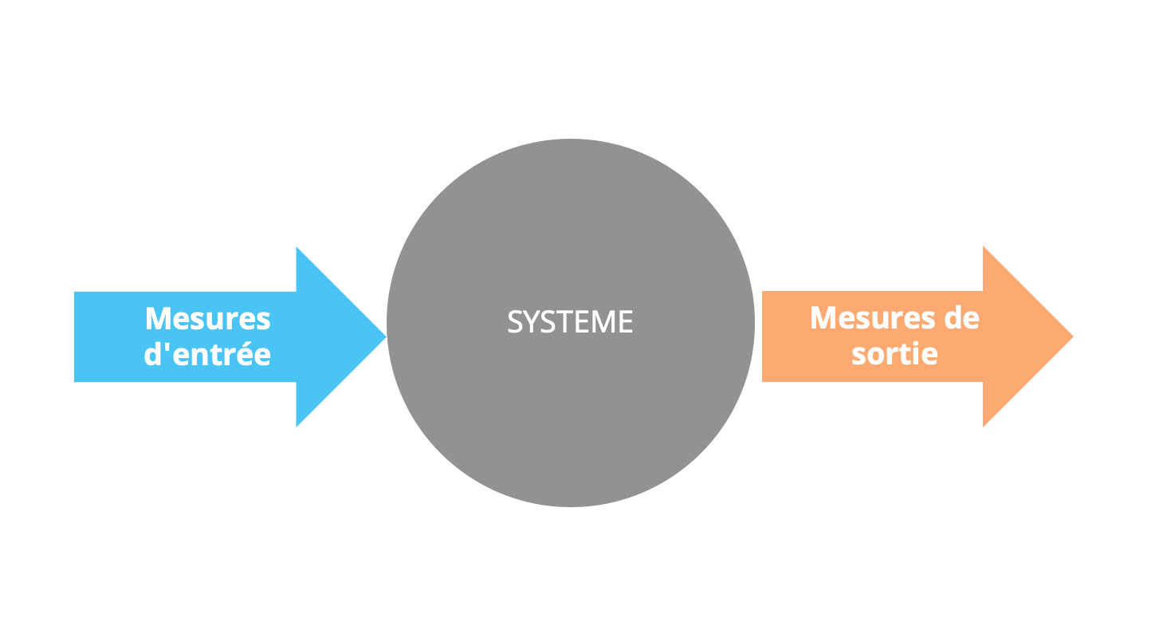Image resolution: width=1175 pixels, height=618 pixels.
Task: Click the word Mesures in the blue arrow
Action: pos(208,319)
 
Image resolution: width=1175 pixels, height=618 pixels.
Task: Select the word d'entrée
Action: pos(207,354)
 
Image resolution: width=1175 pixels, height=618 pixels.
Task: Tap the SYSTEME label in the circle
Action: pos(570,322)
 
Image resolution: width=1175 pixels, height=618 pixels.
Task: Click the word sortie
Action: pos(894,353)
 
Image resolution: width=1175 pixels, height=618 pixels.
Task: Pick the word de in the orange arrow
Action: pos(962,318)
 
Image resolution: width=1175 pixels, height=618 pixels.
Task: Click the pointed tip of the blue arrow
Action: pos(385,337)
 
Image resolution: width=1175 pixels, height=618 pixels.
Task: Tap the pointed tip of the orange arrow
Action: pos(1072,337)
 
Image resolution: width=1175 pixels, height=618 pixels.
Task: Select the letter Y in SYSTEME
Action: pos(529,322)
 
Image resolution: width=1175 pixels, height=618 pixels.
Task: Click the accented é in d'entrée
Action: pos(244,354)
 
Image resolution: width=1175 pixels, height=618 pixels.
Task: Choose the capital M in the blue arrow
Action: pos(159,319)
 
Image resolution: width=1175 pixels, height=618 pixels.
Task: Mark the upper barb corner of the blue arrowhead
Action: pos(297,248)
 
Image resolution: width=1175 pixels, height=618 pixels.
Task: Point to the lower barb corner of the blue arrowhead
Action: pos(297,425)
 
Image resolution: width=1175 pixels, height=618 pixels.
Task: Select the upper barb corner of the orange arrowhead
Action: pos(984,247)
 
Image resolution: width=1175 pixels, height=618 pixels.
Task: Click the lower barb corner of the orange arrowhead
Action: pos(984,426)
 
